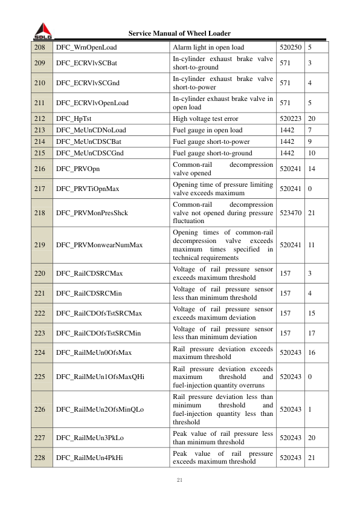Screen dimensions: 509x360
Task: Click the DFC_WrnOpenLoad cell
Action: coord(86,47)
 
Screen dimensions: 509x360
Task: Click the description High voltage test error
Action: coord(209,120)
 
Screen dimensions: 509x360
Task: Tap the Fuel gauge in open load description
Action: coord(207,130)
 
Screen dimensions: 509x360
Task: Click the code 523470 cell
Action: coord(291,213)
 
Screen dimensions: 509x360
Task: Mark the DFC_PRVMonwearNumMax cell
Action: coord(99,245)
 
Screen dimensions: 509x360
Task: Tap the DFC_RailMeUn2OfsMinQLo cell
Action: coord(100,409)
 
